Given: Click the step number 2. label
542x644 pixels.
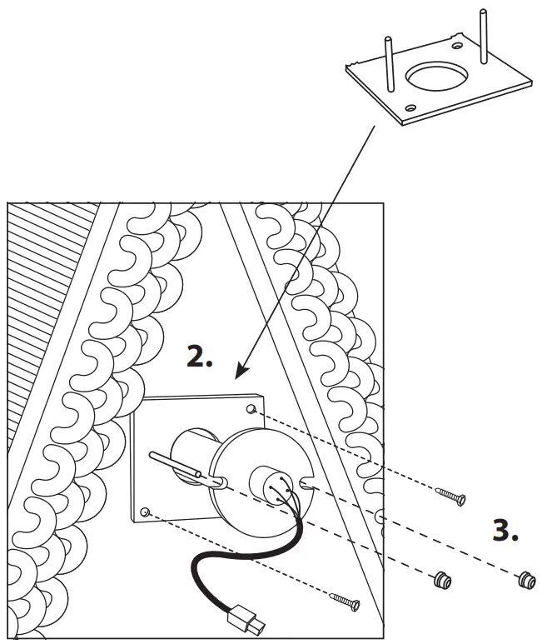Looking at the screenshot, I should [199, 357].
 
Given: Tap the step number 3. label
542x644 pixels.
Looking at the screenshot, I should [505, 532].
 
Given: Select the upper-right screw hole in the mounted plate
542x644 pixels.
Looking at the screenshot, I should [251, 409].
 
